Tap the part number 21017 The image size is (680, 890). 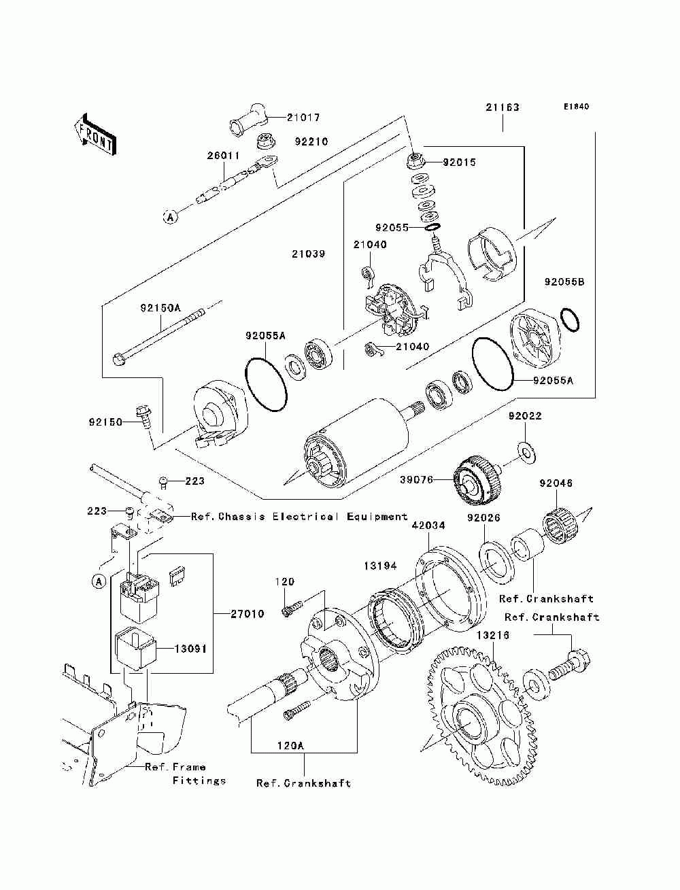click(303, 118)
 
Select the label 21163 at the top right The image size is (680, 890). click(503, 107)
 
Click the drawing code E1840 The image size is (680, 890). click(576, 107)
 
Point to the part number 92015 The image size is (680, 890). click(459, 162)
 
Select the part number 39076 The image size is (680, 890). click(416, 479)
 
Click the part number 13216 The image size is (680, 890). click(493, 635)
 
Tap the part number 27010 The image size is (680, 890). click(248, 614)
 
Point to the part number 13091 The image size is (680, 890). click(190, 649)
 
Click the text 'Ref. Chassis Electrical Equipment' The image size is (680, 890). click(299, 517)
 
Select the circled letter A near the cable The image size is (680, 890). click(170, 218)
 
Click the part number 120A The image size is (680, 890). click(290, 745)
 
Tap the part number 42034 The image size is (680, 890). click(428, 526)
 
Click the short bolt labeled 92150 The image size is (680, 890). click(144, 418)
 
